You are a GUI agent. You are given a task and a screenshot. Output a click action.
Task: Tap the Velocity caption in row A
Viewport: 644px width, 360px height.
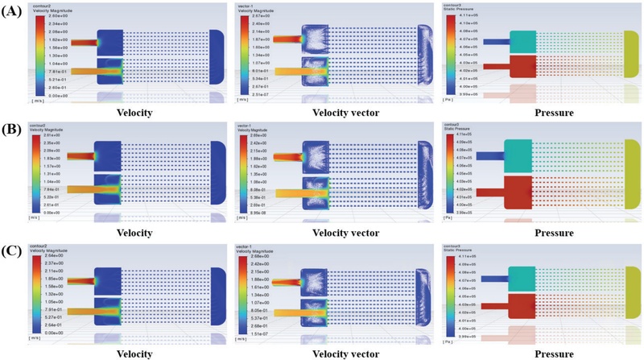click(x=134, y=113)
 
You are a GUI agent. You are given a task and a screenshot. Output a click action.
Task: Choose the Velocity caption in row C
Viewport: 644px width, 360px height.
click(x=134, y=352)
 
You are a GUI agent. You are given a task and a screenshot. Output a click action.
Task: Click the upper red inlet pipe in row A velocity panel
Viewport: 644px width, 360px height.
click(x=83, y=41)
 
